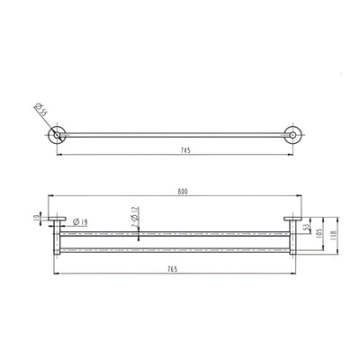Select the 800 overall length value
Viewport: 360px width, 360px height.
pos(184,192)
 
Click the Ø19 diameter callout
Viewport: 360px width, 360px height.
pos(77,222)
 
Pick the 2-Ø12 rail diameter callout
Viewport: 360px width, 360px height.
pos(133,216)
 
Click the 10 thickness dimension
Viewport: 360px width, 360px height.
pos(34,217)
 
